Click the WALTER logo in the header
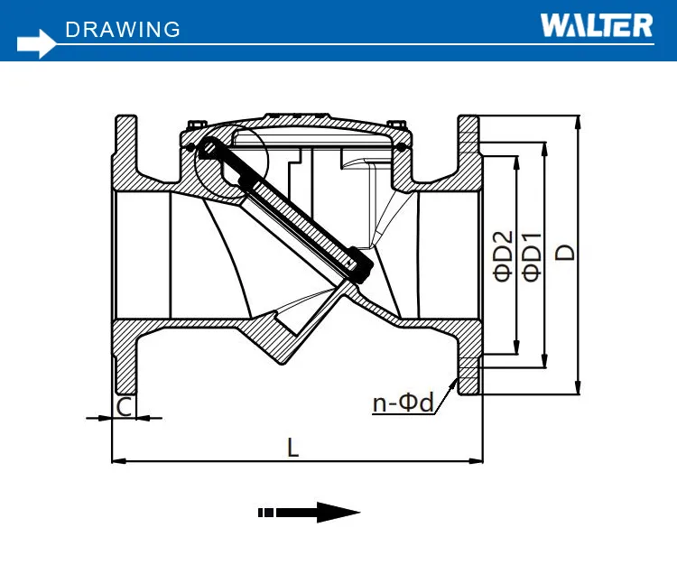(x=596, y=24)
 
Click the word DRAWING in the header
(x=123, y=30)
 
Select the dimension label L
(x=292, y=447)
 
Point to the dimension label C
(x=125, y=407)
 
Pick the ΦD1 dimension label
(x=532, y=256)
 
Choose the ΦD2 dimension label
(x=504, y=256)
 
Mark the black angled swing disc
(x=289, y=212)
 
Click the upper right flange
(x=469, y=149)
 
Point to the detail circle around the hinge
(x=231, y=162)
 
